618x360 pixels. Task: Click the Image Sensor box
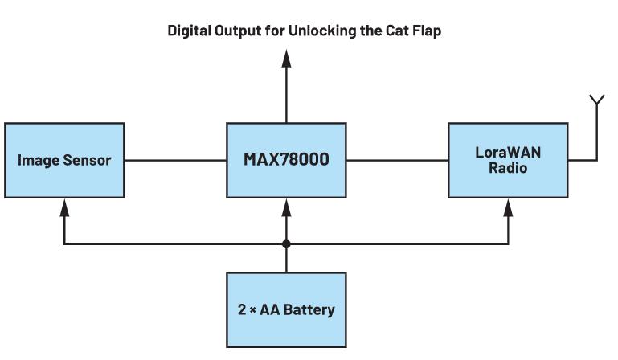pyautogui.click(x=64, y=160)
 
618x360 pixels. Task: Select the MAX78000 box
pyautogui.click(x=286, y=160)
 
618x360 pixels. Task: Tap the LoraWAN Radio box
pyautogui.click(x=508, y=160)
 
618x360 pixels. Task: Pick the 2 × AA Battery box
pyautogui.click(x=286, y=309)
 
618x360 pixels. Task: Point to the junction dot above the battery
pyautogui.click(x=286, y=243)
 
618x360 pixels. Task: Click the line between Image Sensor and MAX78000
pyautogui.click(x=175, y=160)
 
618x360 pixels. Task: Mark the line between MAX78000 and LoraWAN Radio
pyautogui.click(x=397, y=160)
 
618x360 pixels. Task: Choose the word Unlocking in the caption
pyautogui.click(x=327, y=31)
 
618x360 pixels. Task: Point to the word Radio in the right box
pyautogui.click(x=508, y=169)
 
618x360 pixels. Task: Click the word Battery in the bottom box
pyautogui.click(x=309, y=309)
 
